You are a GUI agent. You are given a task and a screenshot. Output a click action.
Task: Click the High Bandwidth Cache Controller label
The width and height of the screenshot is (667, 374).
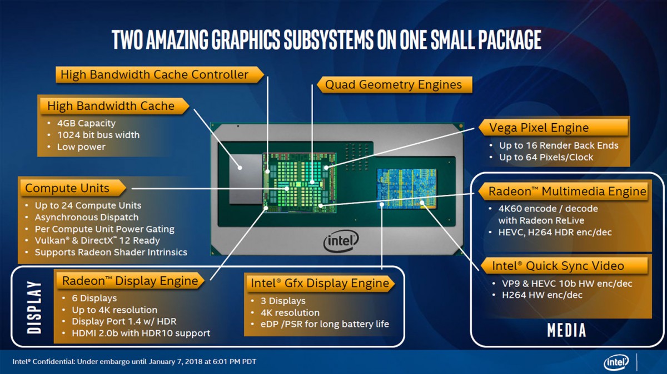pyautogui.click(x=155, y=74)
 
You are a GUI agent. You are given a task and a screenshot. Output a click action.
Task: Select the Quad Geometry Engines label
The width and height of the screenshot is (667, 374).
pyautogui.click(x=394, y=85)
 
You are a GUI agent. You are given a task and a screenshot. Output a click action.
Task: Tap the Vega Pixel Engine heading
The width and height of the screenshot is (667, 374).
pyautogui.click(x=539, y=128)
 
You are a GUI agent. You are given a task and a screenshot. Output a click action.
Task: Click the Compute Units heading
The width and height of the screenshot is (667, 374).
pyautogui.click(x=67, y=188)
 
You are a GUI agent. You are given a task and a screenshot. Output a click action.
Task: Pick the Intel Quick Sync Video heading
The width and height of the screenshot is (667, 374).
pyautogui.click(x=558, y=266)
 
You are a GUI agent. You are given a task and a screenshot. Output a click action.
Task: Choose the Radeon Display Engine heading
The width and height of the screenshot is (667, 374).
pyautogui.click(x=130, y=281)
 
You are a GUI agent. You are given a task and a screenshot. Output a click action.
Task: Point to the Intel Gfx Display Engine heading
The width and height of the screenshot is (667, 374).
pyautogui.click(x=320, y=283)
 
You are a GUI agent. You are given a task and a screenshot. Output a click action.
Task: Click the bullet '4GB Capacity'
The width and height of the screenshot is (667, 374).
pyautogui.click(x=86, y=123)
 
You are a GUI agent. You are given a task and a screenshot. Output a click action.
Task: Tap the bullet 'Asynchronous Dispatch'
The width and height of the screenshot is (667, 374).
pyautogui.click(x=87, y=218)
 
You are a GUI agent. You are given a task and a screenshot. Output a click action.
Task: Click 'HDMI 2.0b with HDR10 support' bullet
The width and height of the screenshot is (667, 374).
pyautogui.click(x=141, y=333)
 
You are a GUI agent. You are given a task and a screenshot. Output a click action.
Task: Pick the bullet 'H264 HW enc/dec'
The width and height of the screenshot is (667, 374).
pyautogui.click(x=542, y=295)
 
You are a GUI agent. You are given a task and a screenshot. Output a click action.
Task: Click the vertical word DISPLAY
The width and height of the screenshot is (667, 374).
pyautogui.click(x=34, y=307)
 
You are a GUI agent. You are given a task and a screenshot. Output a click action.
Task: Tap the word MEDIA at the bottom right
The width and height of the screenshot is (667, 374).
pyautogui.click(x=566, y=330)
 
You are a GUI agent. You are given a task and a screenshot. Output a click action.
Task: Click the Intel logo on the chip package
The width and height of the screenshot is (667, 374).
pyautogui.click(x=341, y=241)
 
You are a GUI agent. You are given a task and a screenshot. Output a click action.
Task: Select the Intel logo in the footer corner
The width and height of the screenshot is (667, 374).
pyautogui.click(x=616, y=362)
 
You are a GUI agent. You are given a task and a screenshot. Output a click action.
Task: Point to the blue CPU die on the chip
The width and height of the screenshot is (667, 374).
pyautogui.click(x=406, y=189)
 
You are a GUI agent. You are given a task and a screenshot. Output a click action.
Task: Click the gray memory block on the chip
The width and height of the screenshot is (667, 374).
pyautogui.click(x=246, y=179)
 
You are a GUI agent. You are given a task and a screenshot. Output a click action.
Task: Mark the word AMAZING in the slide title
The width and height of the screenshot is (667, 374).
pyautogui.click(x=177, y=40)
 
